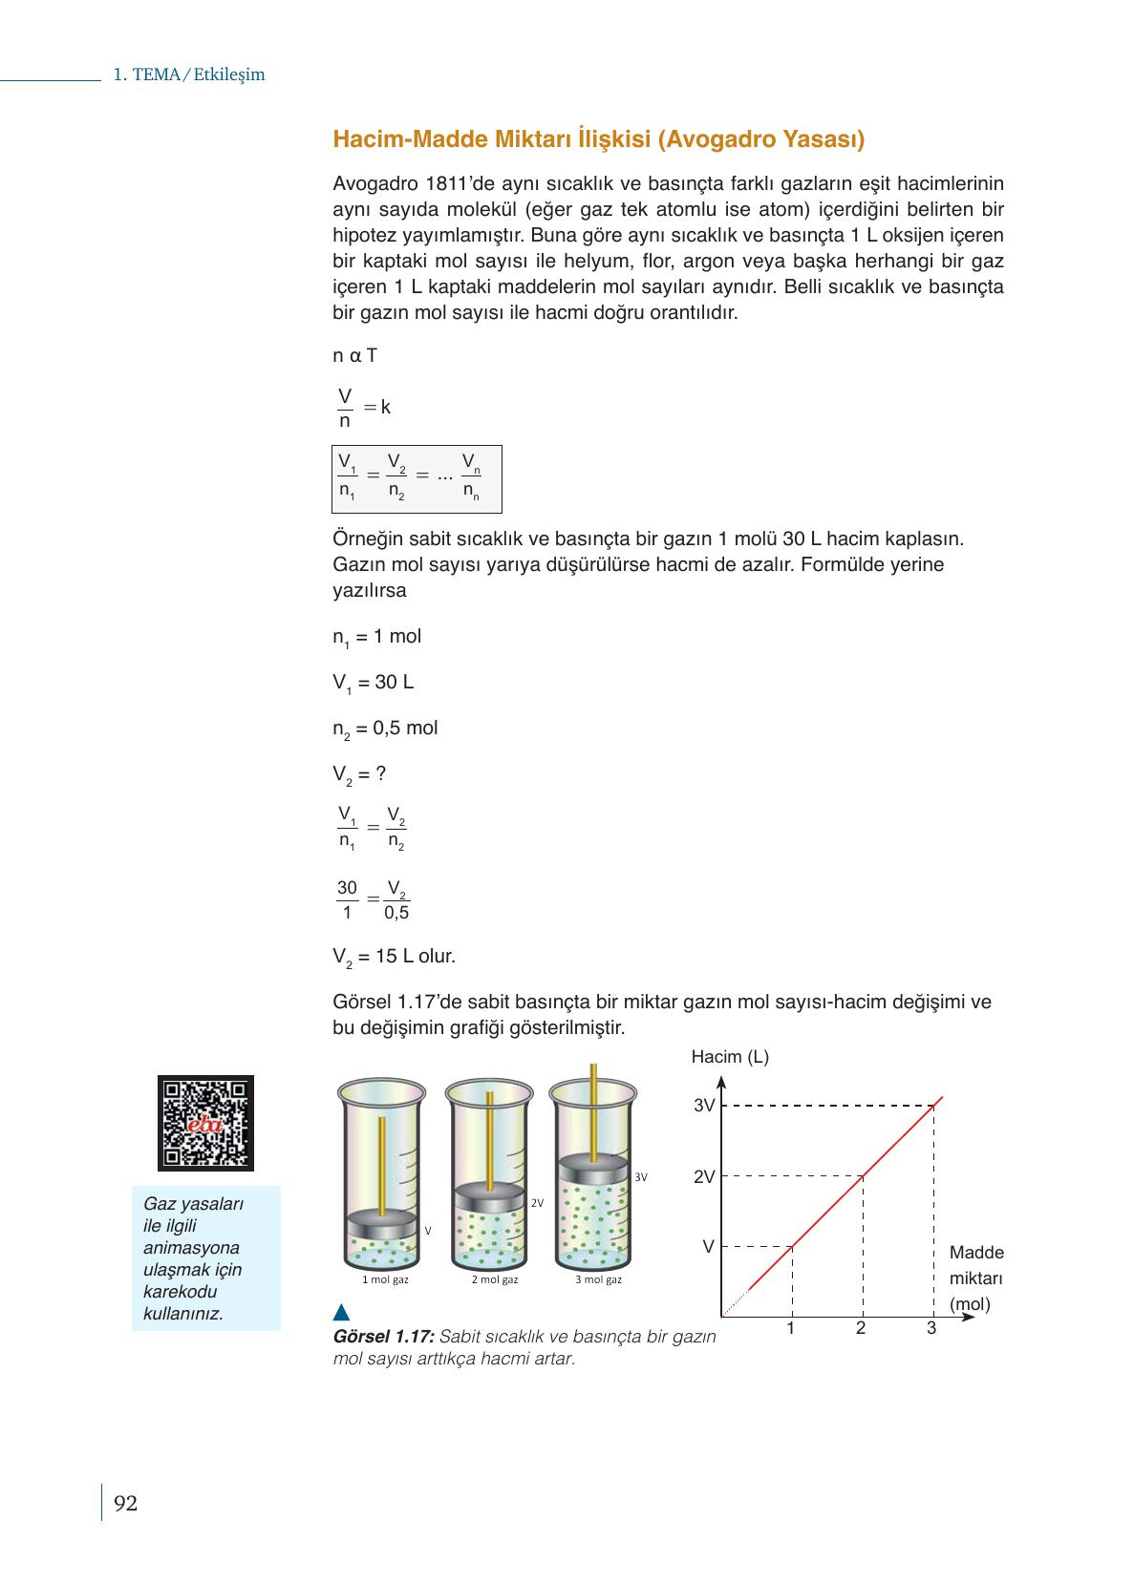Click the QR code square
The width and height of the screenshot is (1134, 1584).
[x=205, y=1123]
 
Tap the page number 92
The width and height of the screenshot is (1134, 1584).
[x=125, y=1504]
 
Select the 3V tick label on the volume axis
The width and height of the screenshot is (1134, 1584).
[x=704, y=1106]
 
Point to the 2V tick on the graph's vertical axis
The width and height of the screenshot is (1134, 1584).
[x=704, y=1177]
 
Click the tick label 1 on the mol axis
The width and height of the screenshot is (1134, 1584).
[x=791, y=1328]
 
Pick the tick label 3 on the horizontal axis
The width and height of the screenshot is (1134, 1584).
[x=931, y=1328]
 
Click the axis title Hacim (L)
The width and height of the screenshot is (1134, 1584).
[x=730, y=1057]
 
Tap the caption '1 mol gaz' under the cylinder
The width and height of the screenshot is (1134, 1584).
[x=385, y=1279]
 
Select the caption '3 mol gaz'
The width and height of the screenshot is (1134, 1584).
[x=598, y=1279]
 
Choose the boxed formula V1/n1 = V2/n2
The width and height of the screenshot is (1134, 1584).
[x=417, y=478]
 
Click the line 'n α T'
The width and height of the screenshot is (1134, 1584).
[x=354, y=356]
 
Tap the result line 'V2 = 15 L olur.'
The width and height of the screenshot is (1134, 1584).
[x=394, y=957]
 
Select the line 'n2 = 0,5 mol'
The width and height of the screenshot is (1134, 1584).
[x=385, y=729]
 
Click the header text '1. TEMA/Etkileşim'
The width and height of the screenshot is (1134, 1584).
[x=189, y=74]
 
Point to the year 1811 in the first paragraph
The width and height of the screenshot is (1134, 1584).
[x=444, y=183]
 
